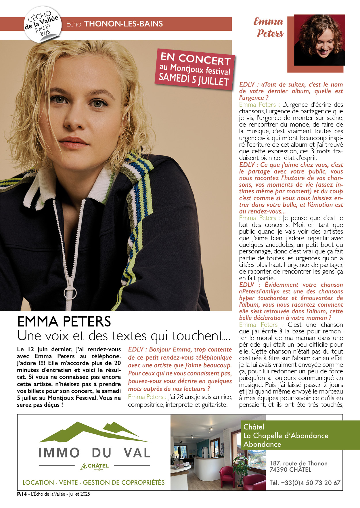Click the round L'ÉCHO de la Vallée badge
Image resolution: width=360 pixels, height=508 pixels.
pyautogui.click(x=43, y=25)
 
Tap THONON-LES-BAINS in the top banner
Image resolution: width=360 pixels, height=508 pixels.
pyautogui.click(x=123, y=24)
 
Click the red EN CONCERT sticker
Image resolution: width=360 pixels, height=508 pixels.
pyautogui.click(x=195, y=69)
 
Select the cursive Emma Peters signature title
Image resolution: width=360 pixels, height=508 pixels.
pyautogui.click(x=269, y=28)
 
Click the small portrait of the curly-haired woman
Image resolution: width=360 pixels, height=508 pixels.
pyautogui.click(x=319, y=40)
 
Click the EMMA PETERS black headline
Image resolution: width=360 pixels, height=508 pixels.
pyautogui.click(x=64, y=322)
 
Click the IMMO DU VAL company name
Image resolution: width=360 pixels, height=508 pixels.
pyautogui.click(x=94, y=453)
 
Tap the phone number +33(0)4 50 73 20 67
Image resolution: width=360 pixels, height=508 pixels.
pyautogui.click(x=305, y=483)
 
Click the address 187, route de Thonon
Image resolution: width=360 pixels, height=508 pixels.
pyautogui.click(x=298, y=463)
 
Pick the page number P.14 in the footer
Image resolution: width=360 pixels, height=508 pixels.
pyautogui.click(x=22, y=494)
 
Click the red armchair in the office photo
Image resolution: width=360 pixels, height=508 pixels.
pyautogui.click(x=227, y=476)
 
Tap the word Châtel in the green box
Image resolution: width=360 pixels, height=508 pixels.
pyautogui.click(x=254, y=427)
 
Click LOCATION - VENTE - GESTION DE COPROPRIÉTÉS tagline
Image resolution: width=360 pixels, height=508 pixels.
pyautogui.click(x=94, y=482)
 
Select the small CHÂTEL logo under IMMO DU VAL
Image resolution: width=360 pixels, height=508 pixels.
pyautogui.click(x=95, y=466)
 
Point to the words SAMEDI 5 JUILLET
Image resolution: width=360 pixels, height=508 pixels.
pyautogui.click(x=194, y=79)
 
